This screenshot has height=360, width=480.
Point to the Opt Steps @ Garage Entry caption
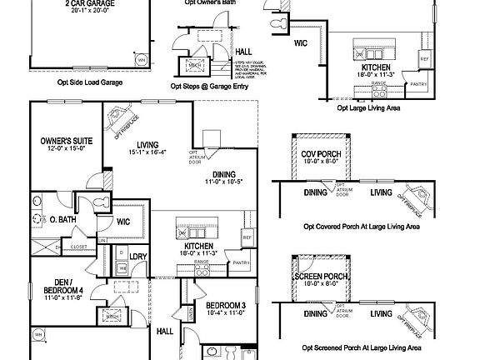coord(209,85)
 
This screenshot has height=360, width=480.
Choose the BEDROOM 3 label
coord(225,305)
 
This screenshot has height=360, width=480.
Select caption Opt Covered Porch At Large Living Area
coord(361,226)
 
